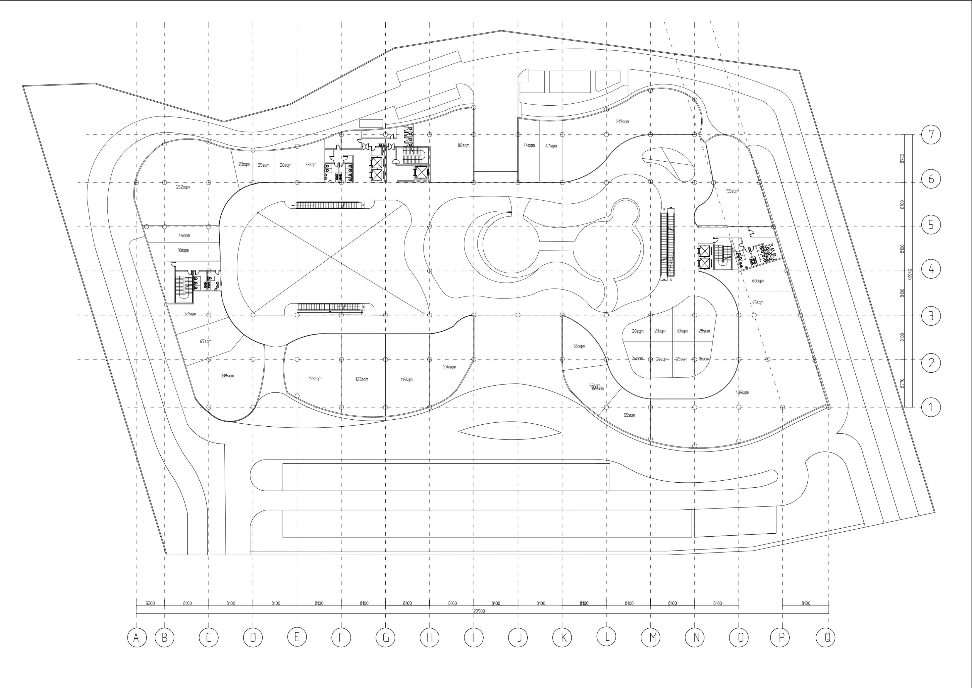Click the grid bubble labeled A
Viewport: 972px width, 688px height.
pyautogui.click(x=136, y=638)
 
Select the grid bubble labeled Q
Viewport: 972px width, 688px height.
pyautogui.click(x=827, y=638)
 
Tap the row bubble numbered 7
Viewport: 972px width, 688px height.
pyautogui.click(x=931, y=135)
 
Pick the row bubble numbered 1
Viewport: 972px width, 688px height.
pyautogui.click(x=931, y=407)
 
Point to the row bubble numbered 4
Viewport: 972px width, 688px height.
pyautogui.click(x=931, y=269)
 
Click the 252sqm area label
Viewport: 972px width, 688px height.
pyautogui.click(x=183, y=187)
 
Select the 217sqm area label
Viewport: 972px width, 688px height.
pyautogui.click(x=622, y=121)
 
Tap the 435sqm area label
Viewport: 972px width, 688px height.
pyautogui.click(x=742, y=392)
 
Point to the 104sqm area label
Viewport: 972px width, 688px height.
pyautogui.click(x=449, y=367)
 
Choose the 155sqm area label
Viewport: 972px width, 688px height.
pyautogui.click(x=732, y=191)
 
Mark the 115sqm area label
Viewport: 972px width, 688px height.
pyautogui.click(x=407, y=380)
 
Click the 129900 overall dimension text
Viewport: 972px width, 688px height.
pyautogui.click(x=478, y=611)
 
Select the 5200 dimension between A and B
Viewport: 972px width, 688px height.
pyautogui.click(x=150, y=603)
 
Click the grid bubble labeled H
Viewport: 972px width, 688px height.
pyautogui.click(x=430, y=638)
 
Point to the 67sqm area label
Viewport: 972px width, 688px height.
pyautogui.click(x=205, y=341)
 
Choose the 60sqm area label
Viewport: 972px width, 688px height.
pyautogui.click(x=758, y=281)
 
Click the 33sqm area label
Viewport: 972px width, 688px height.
pyautogui.click(x=311, y=165)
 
